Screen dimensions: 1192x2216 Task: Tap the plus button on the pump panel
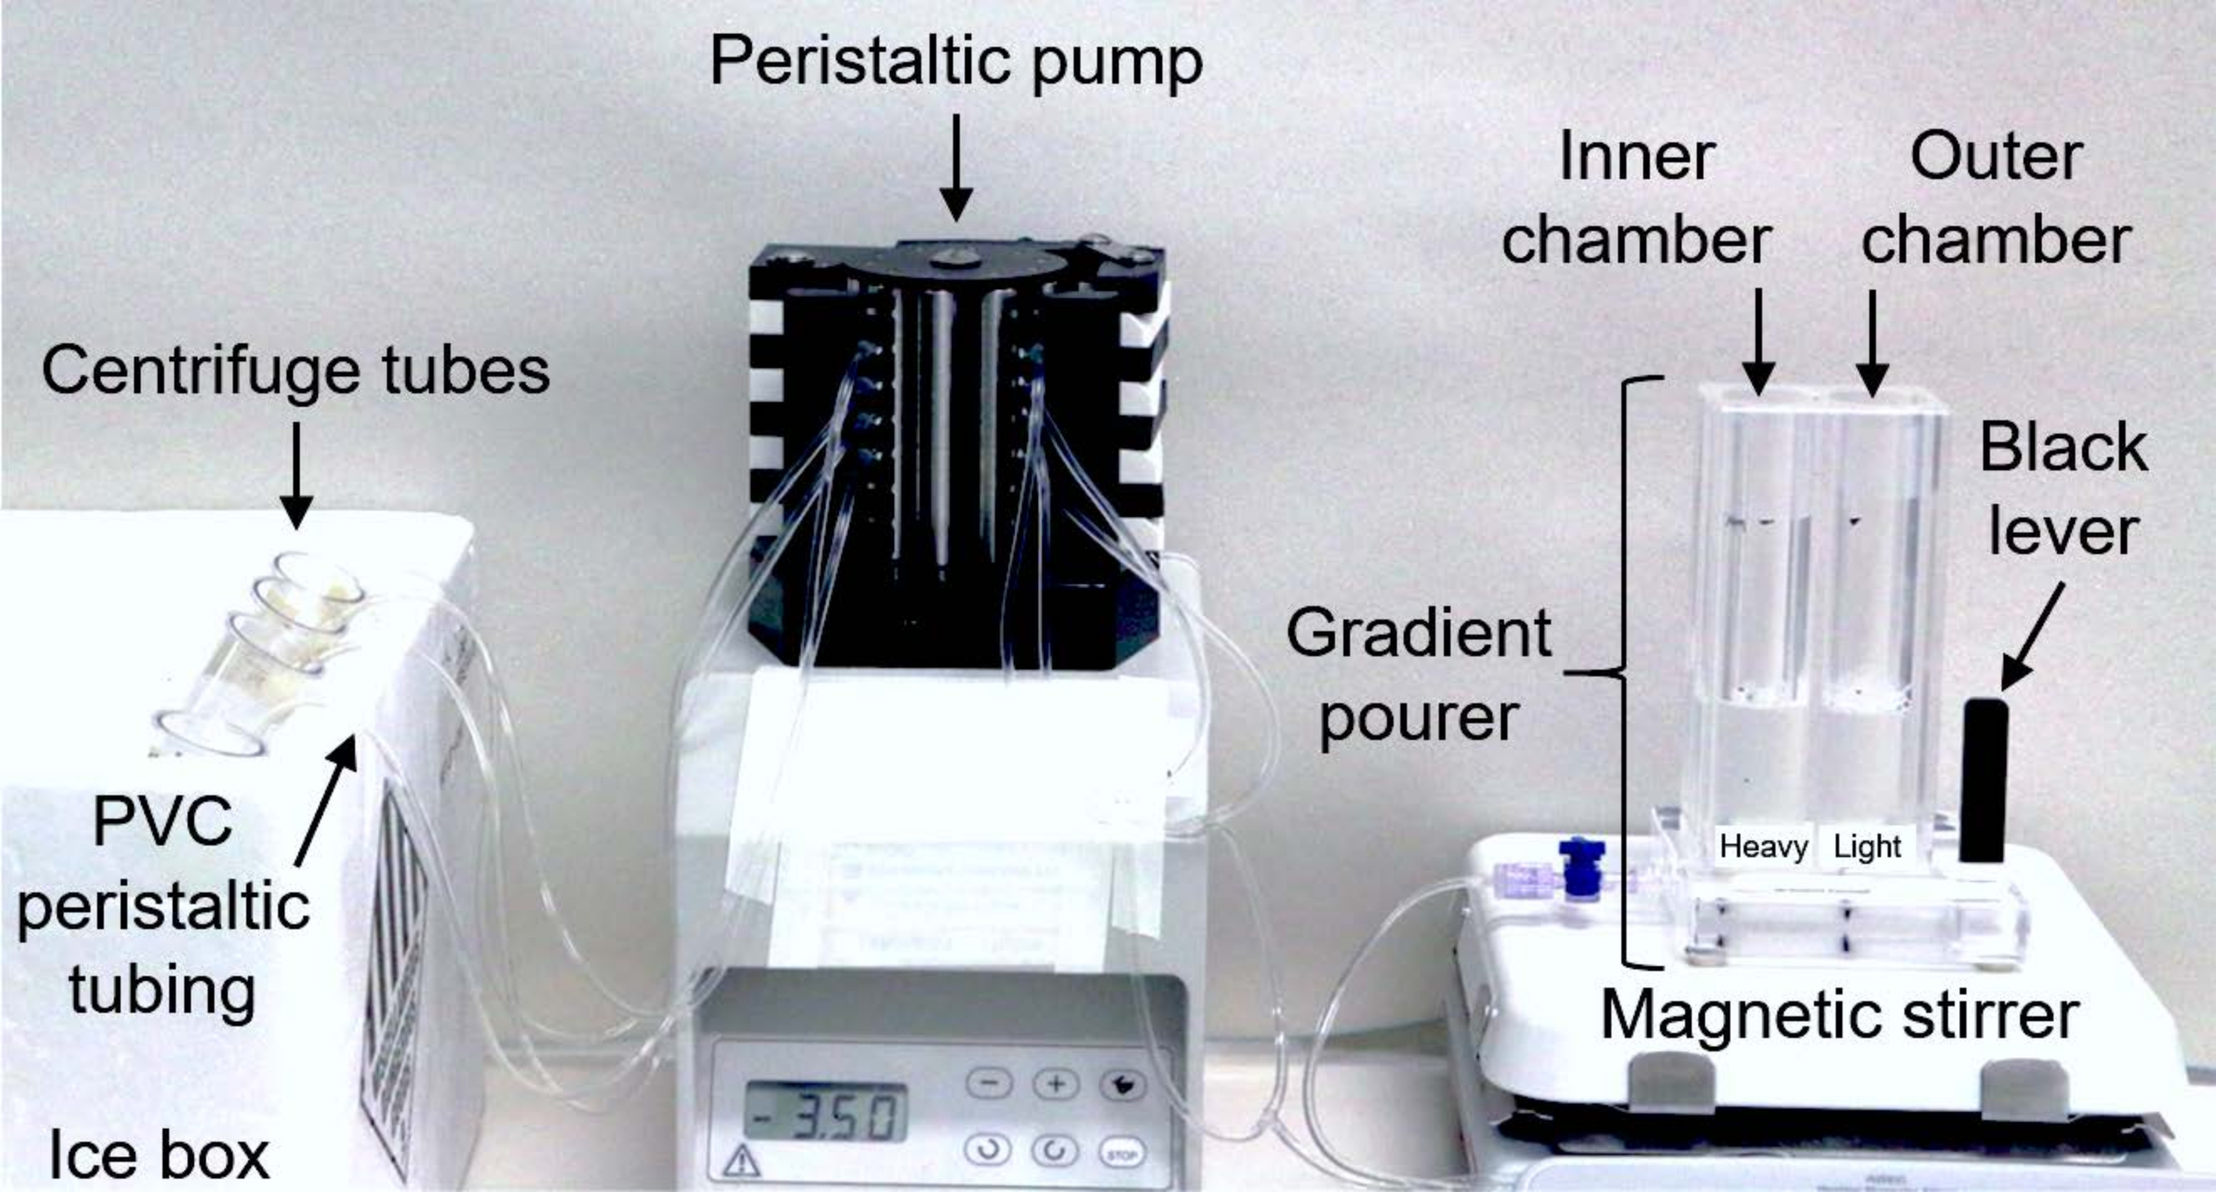[1055, 1084]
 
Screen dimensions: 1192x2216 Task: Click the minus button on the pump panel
[989, 1084]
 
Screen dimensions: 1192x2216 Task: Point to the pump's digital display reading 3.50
[825, 1112]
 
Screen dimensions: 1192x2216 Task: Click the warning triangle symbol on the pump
[741, 1162]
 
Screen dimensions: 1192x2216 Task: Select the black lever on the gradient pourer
[1985, 781]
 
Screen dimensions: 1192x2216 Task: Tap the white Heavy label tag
[1764, 847]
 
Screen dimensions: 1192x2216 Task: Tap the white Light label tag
[1867, 847]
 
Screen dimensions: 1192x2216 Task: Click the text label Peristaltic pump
[956, 62]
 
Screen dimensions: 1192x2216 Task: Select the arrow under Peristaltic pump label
[956, 167]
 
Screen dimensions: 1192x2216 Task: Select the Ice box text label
[159, 1155]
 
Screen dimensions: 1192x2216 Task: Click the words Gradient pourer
[1420, 676]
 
